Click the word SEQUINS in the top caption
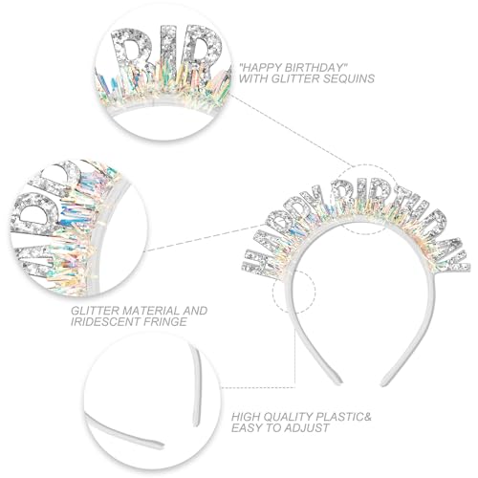click(349, 78)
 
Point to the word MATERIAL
click(147, 310)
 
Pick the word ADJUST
click(305, 427)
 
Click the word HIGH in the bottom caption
click(245, 417)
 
